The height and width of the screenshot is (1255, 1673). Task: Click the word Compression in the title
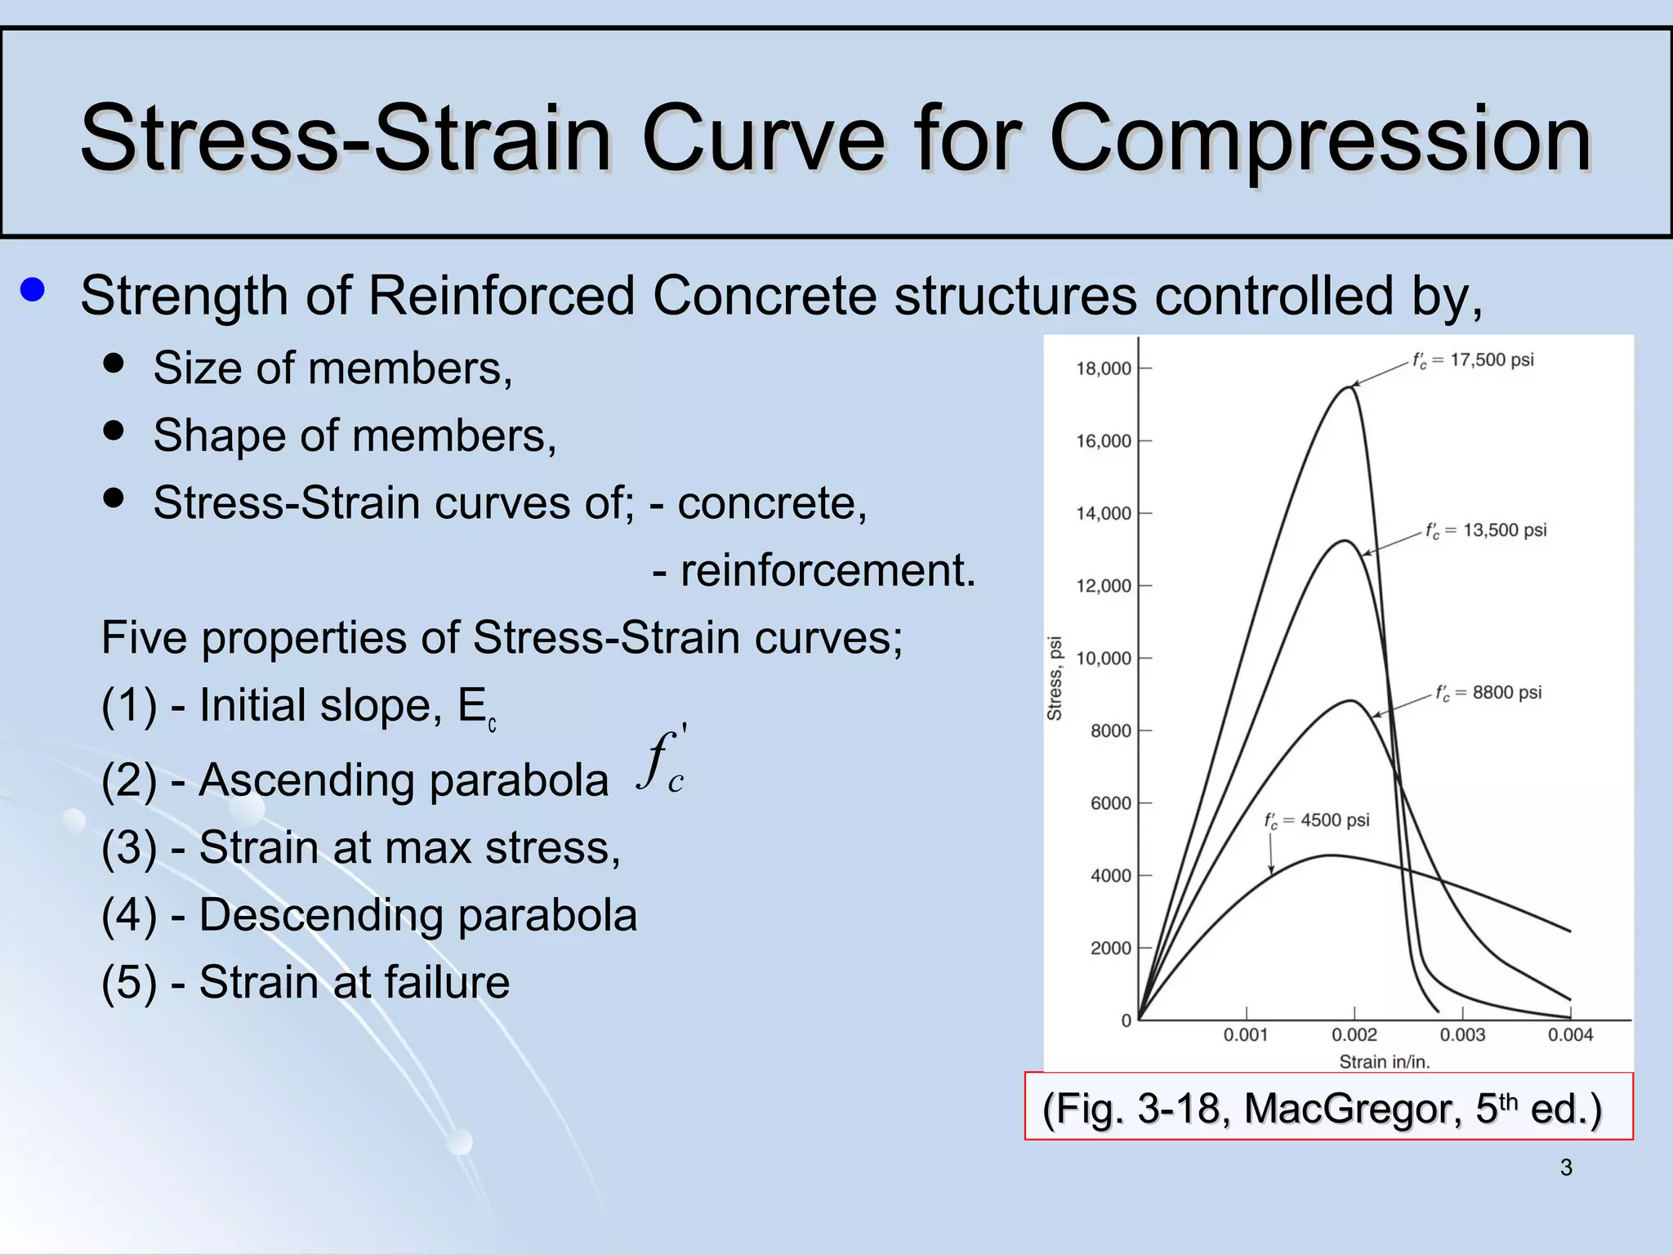tap(1319, 139)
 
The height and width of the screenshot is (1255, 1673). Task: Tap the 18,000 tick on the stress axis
tap(1104, 368)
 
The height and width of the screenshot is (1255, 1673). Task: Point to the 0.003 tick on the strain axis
tap(1462, 1034)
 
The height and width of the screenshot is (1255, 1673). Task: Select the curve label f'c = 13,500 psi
tap(1486, 530)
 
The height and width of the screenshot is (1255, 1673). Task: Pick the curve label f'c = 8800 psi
tap(1488, 693)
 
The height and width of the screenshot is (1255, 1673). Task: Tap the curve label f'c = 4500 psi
tap(1316, 820)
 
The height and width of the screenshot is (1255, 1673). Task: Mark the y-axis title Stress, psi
tap(1055, 678)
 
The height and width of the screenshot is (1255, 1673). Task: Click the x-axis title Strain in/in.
tap(1384, 1061)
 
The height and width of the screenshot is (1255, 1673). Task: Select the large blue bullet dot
tap(33, 290)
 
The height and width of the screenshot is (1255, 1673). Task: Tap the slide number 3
tap(1565, 1168)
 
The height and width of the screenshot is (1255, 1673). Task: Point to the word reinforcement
tap(828, 570)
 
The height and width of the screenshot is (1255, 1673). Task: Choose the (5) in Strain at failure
tap(129, 982)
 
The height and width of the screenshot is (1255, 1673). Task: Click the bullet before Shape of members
tap(114, 431)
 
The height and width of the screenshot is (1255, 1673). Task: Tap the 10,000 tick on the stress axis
tap(1104, 659)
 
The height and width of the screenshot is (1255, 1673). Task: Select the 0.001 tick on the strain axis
tap(1246, 1034)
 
